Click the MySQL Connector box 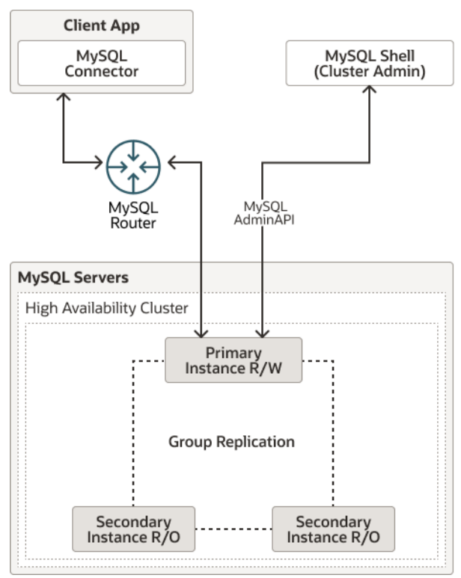pyautogui.click(x=102, y=63)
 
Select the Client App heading pyautogui.click(x=102, y=25)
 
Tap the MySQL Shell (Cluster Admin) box pyautogui.click(x=370, y=63)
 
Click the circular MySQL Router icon pyautogui.click(x=133, y=167)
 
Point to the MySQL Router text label pyautogui.click(x=133, y=215)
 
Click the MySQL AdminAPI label pyautogui.click(x=264, y=213)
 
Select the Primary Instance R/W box pyautogui.click(x=233, y=360)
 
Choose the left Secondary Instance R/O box pyautogui.click(x=133, y=529)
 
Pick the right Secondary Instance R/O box pyautogui.click(x=333, y=529)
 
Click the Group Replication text pyautogui.click(x=231, y=442)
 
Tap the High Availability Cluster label pyautogui.click(x=106, y=308)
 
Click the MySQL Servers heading pyautogui.click(x=73, y=277)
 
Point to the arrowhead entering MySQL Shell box pyautogui.click(x=370, y=89)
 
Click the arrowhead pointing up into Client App pyautogui.click(x=64, y=96)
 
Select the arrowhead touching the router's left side pyautogui.click(x=99, y=162)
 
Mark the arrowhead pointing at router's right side pyautogui.click(x=172, y=162)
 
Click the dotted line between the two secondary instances pyautogui.click(x=233, y=529)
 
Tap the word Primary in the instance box pyautogui.click(x=233, y=353)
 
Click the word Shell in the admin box pyautogui.click(x=397, y=56)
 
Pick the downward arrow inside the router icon pyautogui.click(x=133, y=152)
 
